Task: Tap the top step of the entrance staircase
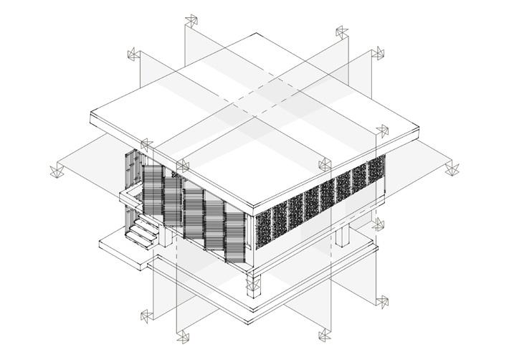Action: click(x=147, y=223)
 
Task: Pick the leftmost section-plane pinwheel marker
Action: click(x=56, y=171)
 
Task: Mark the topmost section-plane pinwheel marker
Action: click(x=191, y=20)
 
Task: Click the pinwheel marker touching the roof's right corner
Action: click(x=381, y=131)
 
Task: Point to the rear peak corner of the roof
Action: click(x=251, y=34)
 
